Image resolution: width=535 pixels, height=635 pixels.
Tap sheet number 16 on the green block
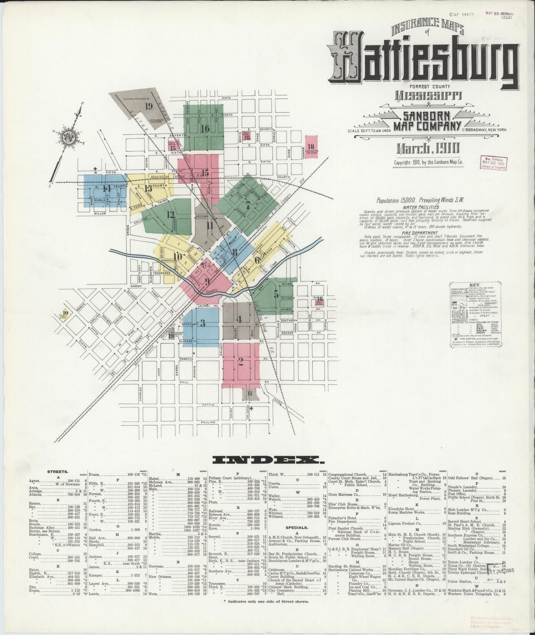coord(205,129)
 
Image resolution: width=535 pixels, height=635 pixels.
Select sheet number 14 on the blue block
coord(107,188)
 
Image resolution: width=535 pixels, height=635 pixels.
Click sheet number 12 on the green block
coord(170,215)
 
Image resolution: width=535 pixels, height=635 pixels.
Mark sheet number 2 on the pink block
coord(241,362)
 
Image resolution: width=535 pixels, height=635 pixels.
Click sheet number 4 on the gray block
coord(240,319)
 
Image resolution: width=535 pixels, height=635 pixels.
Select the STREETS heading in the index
coord(57,472)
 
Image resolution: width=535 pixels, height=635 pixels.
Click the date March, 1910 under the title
coord(428,149)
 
